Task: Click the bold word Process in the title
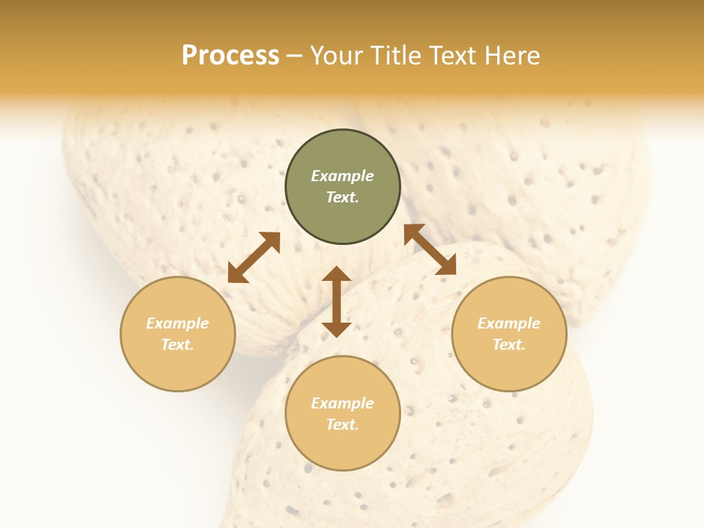230,56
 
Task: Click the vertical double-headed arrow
337,302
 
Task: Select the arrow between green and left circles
254,257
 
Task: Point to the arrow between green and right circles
430,249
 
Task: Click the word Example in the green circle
342,176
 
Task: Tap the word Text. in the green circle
342,197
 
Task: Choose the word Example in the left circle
177,323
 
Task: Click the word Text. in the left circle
177,345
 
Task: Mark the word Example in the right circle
509,323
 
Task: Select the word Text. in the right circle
509,345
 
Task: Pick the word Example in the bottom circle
342,403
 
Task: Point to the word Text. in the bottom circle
342,425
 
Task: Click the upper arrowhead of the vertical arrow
337,274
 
